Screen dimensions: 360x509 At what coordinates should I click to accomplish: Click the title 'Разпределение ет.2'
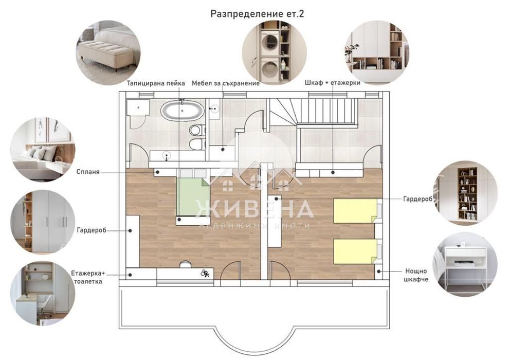point(257,14)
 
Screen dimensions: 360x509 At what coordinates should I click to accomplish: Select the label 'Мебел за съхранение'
point(225,83)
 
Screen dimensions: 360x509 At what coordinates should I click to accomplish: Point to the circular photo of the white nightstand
point(464,266)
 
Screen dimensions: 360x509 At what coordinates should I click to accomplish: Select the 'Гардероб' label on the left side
point(93,231)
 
